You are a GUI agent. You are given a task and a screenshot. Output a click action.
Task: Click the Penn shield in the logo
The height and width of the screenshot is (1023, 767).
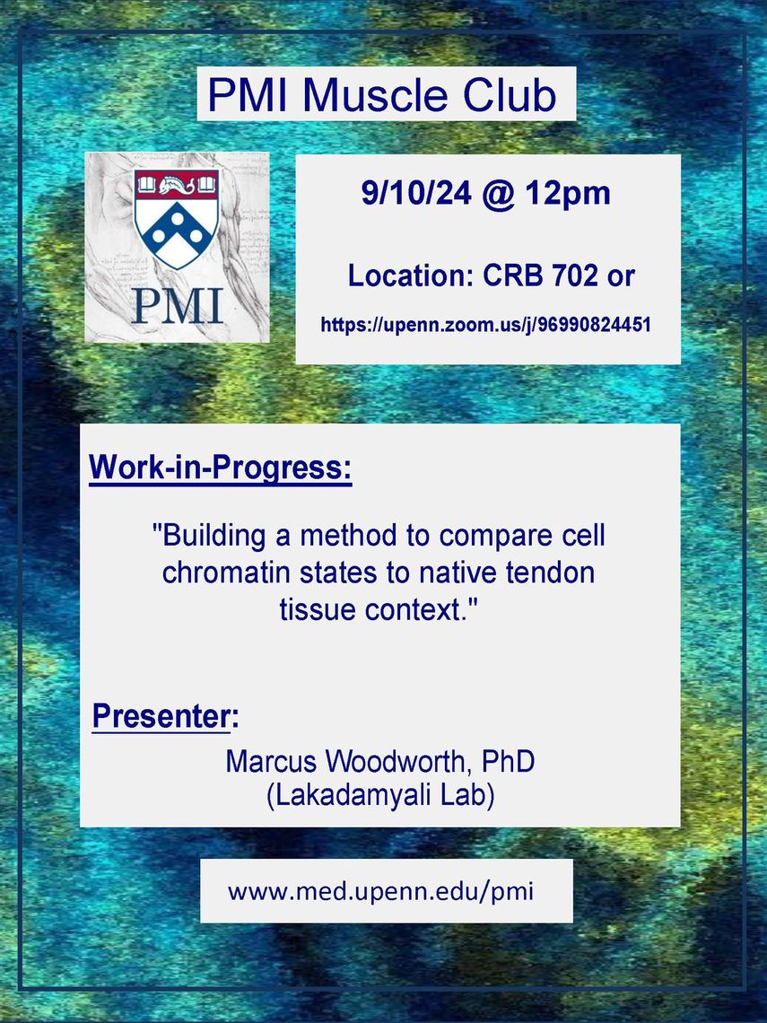tap(177, 218)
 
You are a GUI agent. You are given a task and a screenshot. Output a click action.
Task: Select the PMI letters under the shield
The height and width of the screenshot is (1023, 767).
tap(178, 306)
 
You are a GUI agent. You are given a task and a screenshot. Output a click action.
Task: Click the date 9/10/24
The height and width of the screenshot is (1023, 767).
tap(416, 193)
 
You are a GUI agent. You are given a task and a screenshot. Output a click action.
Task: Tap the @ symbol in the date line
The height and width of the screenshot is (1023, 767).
tap(498, 195)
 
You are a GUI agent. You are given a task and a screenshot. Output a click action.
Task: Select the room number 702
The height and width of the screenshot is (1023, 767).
tap(575, 276)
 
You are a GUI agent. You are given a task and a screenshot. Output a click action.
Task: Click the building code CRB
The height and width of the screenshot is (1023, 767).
tap(512, 276)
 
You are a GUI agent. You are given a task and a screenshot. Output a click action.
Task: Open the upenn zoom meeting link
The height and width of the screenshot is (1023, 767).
tap(486, 325)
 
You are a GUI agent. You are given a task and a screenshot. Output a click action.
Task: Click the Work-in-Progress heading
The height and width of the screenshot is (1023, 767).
tap(221, 468)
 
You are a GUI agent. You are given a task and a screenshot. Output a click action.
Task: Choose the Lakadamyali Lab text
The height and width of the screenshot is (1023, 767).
tap(380, 796)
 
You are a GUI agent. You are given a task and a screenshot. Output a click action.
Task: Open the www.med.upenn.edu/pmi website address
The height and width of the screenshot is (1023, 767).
tap(381, 891)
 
